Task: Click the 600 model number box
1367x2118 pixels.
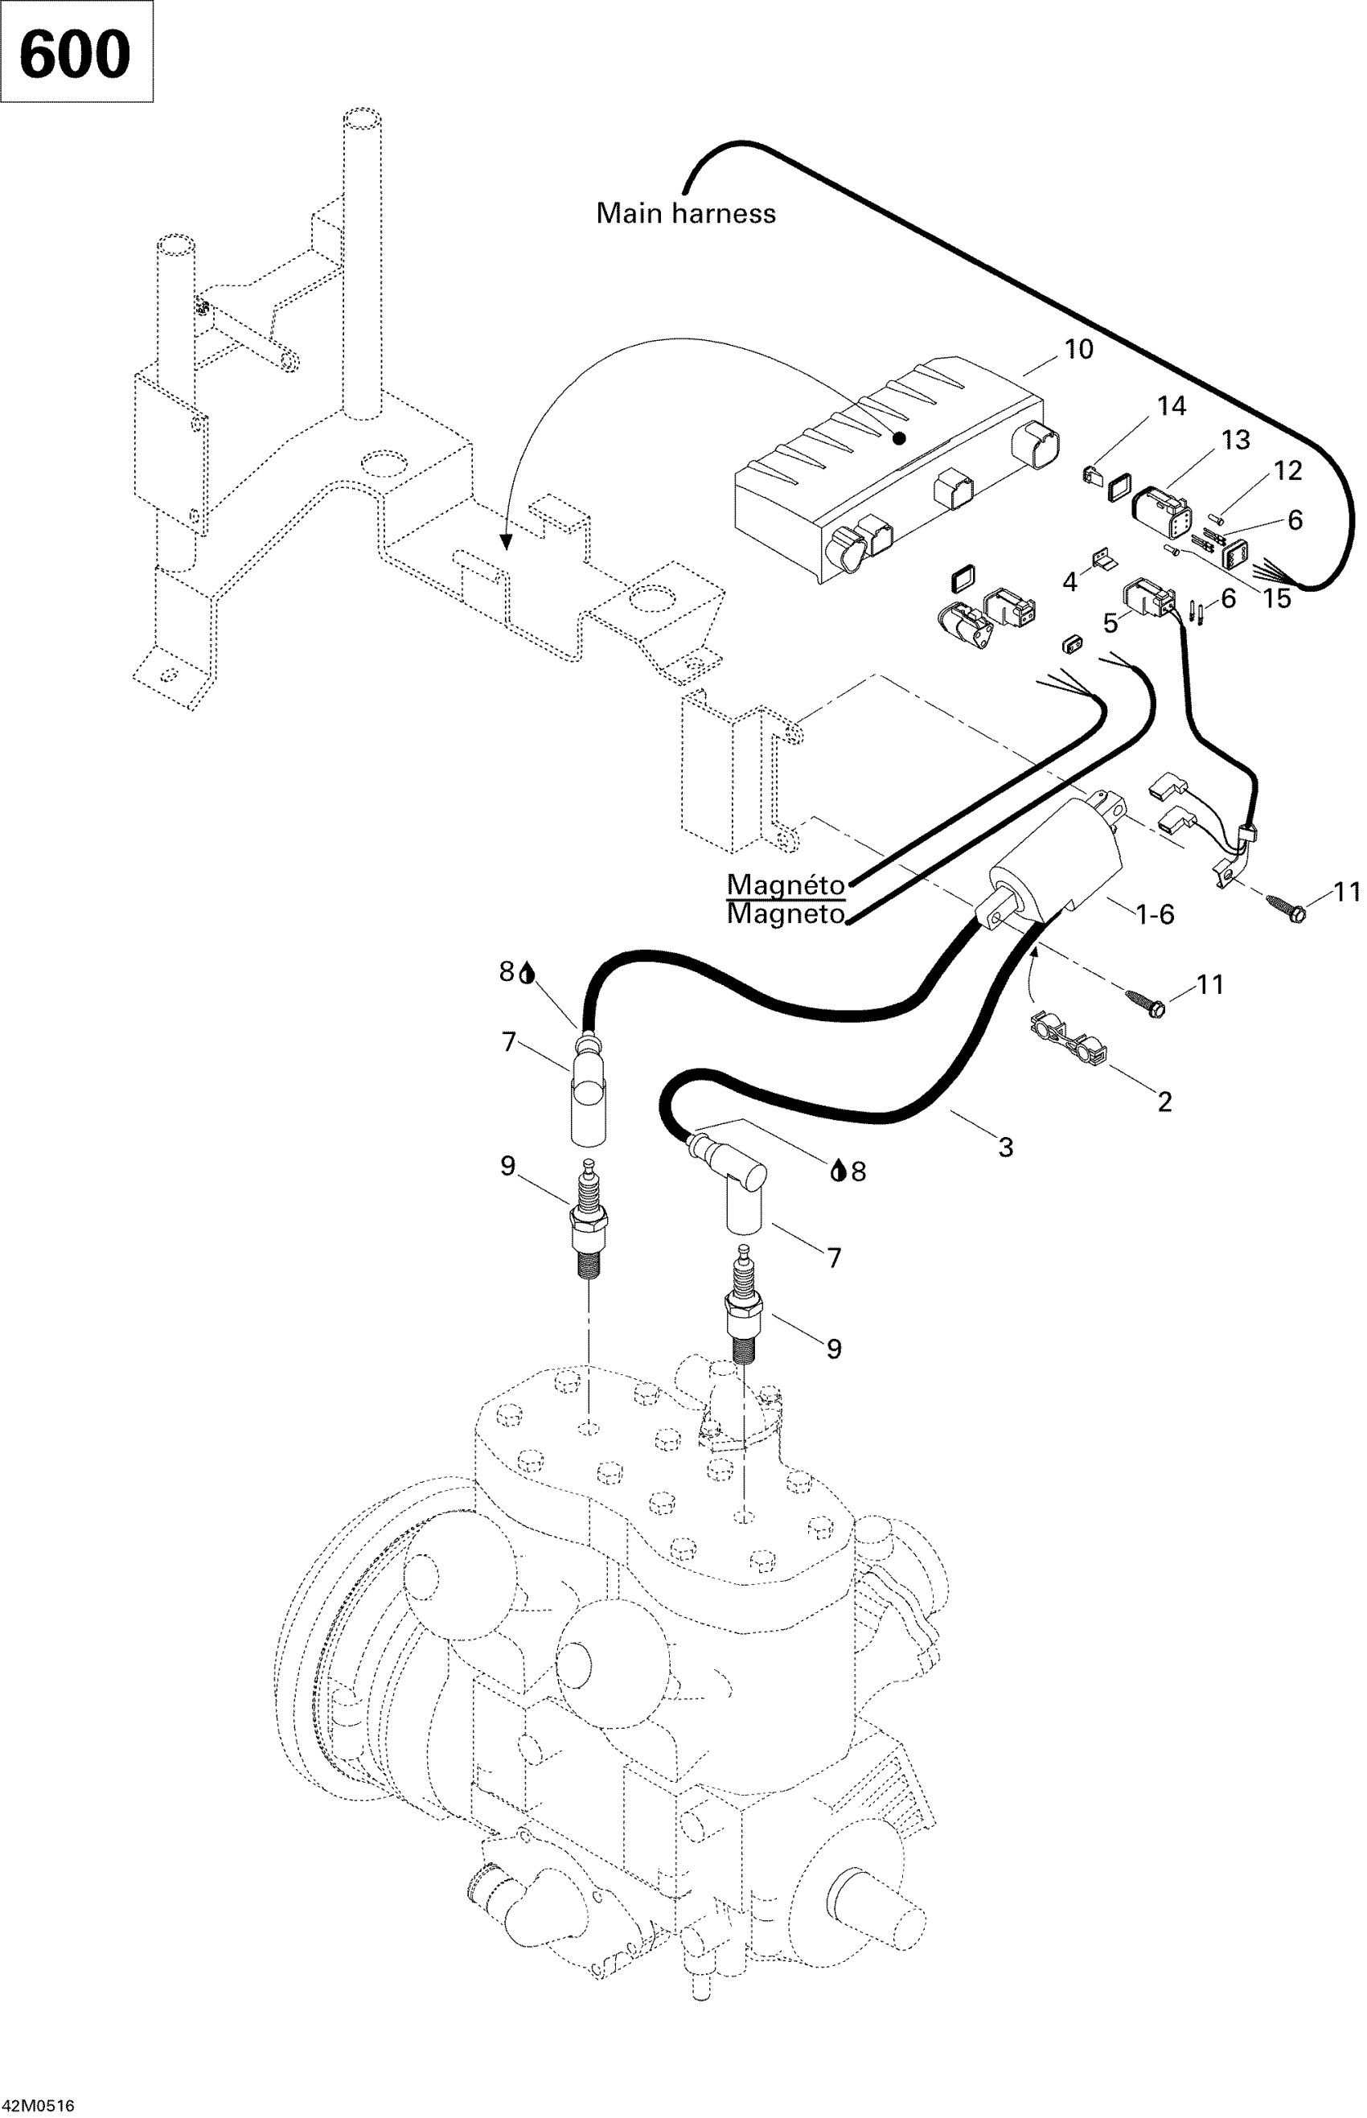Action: click(76, 52)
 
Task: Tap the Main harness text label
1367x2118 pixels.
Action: click(685, 214)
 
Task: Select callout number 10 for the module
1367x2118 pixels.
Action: click(1078, 350)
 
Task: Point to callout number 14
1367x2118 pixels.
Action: click(1172, 407)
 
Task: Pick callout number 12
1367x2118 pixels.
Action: click(1288, 470)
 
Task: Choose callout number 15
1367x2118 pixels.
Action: click(1276, 598)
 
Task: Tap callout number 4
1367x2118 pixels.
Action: click(1070, 582)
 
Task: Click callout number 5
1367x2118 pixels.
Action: click(1110, 623)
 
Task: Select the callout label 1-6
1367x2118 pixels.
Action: click(1155, 914)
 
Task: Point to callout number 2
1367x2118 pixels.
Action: click(1164, 1102)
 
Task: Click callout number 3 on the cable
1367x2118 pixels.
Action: click(1005, 1147)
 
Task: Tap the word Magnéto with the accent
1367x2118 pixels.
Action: click(786, 885)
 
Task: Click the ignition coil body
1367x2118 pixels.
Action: click(1057, 861)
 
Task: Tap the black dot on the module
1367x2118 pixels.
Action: click(899, 437)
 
